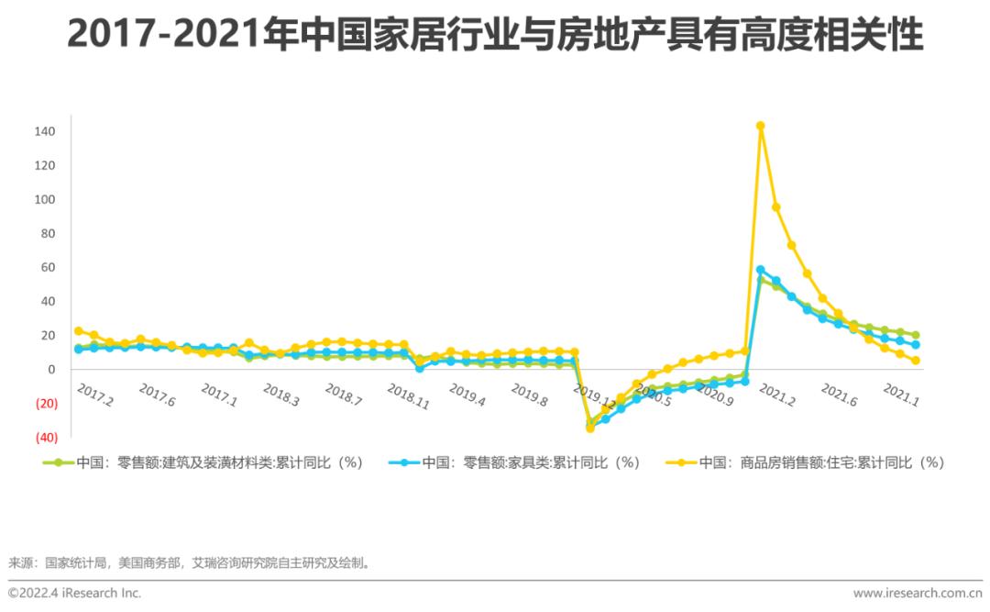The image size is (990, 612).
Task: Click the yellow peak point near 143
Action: (x=760, y=126)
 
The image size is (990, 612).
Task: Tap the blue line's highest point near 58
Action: (x=760, y=270)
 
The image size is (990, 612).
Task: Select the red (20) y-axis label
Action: (x=46, y=403)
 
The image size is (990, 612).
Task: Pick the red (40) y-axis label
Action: (x=46, y=437)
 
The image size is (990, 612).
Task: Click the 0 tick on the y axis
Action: (x=52, y=369)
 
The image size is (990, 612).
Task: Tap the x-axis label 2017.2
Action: (x=95, y=395)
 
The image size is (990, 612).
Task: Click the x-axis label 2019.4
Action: (x=467, y=395)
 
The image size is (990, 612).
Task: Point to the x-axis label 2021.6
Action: (x=839, y=395)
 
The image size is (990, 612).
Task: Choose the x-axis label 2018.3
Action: (x=281, y=395)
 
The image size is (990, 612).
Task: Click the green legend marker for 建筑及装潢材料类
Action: (x=58, y=463)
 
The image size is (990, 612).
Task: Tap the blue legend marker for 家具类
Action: (x=404, y=463)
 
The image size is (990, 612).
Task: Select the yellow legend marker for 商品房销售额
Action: (x=681, y=463)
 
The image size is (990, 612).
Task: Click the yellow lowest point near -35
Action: (x=590, y=428)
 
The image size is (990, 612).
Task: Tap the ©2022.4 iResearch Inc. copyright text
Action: (x=75, y=593)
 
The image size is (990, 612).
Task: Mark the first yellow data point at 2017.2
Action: (x=79, y=330)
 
